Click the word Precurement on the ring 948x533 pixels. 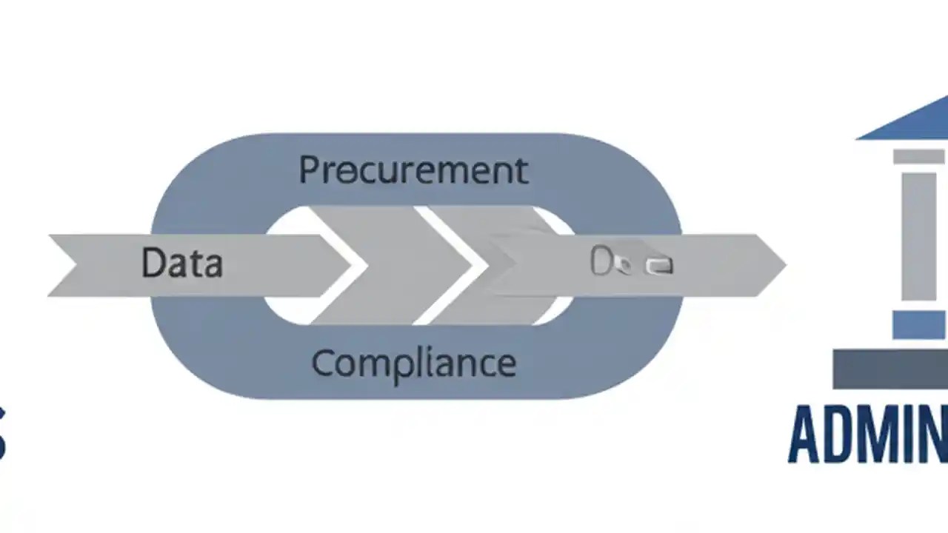click(x=413, y=171)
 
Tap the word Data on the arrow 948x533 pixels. click(x=181, y=264)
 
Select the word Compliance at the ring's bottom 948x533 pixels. click(x=413, y=364)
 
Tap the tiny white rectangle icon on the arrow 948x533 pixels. click(x=658, y=266)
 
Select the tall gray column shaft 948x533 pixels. click(x=918, y=237)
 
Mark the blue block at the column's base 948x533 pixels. click(x=918, y=324)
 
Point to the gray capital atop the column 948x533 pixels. click(x=918, y=156)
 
